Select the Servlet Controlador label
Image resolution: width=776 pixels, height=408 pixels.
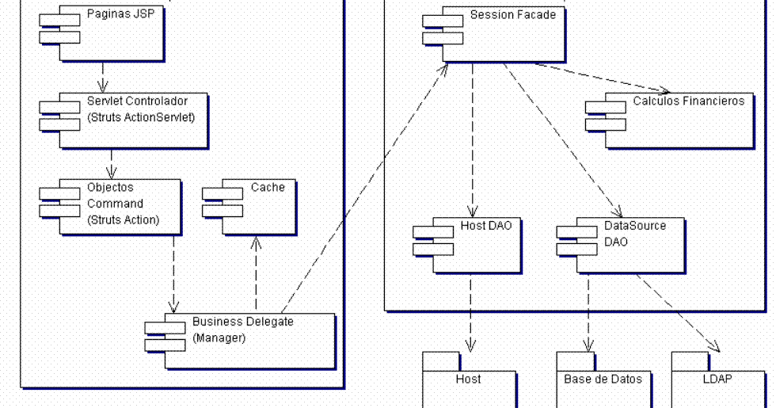click(137, 101)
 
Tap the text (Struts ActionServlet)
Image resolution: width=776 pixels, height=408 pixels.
click(141, 118)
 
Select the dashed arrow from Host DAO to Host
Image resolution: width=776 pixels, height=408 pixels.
click(470, 313)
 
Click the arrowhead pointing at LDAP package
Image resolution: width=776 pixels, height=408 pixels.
click(713, 347)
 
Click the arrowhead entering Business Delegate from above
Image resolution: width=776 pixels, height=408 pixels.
click(173, 308)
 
